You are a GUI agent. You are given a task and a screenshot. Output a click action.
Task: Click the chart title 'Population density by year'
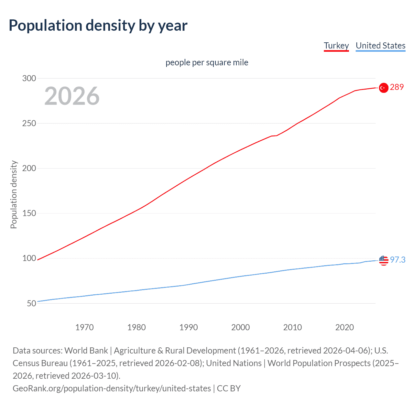pyautogui.click(x=98, y=26)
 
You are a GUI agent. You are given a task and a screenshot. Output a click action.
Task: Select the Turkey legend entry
pyautogui.click(x=336, y=46)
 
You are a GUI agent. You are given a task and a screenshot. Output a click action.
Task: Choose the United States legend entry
pyautogui.click(x=380, y=46)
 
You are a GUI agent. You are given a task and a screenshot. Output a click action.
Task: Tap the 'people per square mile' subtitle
pyautogui.click(x=207, y=62)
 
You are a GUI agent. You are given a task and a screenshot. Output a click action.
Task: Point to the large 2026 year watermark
pyautogui.click(x=72, y=96)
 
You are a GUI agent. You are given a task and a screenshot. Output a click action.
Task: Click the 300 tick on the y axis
pyautogui.click(x=29, y=78)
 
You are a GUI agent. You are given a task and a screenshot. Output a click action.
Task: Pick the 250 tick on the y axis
pyautogui.click(x=29, y=123)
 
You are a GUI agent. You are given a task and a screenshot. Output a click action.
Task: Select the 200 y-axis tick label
pyautogui.click(x=29, y=168)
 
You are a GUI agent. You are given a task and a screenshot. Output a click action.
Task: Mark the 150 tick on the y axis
pyautogui.click(x=29, y=213)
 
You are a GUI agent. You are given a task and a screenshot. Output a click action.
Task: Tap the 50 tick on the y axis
pyautogui.click(x=31, y=303)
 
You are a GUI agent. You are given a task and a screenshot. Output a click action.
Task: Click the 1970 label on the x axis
pyautogui.click(x=84, y=327)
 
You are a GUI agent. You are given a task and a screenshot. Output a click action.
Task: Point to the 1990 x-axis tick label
pyautogui.click(x=189, y=327)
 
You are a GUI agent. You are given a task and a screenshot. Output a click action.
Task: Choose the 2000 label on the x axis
pyautogui.click(x=240, y=327)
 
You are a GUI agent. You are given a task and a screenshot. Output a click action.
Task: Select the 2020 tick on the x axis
pyautogui.click(x=344, y=327)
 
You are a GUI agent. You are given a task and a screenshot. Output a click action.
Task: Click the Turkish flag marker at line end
pyautogui.click(x=384, y=88)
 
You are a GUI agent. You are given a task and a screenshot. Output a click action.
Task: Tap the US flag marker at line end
pyautogui.click(x=384, y=260)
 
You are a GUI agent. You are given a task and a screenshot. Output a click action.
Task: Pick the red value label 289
pyautogui.click(x=397, y=87)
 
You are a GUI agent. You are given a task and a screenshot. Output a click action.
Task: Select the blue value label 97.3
pyautogui.click(x=398, y=260)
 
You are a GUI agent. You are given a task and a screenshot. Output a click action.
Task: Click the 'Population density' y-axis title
pyautogui.click(x=14, y=195)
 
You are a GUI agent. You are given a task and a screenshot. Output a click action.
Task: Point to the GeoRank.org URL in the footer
pyautogui.click(x=112, y=388)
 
